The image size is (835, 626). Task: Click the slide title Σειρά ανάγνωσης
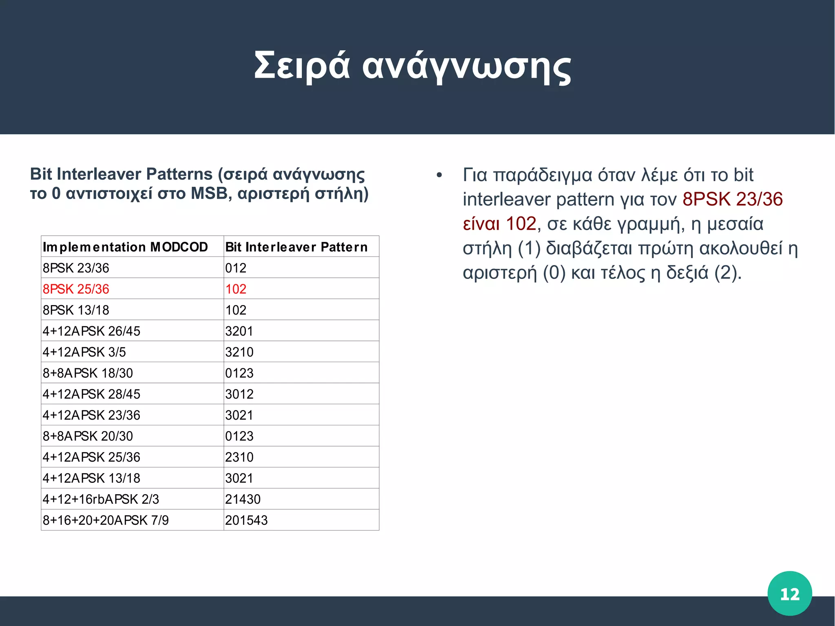(x=412, y=66)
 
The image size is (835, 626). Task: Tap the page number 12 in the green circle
(x=789, y=594)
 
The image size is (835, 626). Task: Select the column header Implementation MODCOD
(x=125, y=247)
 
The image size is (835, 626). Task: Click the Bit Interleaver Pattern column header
(x=296, y=247)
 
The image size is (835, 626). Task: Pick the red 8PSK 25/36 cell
(x=76, y=289)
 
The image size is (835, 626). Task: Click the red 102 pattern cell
(x=236, y=289)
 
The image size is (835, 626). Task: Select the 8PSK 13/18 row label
(x=76, y=310)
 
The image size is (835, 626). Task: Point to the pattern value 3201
(x=239, y=331)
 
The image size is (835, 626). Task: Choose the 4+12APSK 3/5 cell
(x=84, y=352)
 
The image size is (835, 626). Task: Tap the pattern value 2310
(x=239, y=457)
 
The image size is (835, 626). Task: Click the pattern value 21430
(x=243, y=499)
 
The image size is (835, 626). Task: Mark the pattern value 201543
(x=246, y=520)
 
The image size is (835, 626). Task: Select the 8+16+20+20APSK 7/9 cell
(x=106, y=520)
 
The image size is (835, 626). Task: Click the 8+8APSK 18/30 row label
(x=88, y=373)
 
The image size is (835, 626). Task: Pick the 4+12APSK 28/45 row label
(x=91, y=394)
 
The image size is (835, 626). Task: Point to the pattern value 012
(x=236, y=268)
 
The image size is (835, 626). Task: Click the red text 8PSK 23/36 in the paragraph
(x=732, y=199)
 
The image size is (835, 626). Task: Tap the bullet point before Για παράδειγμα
(x=439, y=176)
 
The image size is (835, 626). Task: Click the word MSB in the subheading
(x=209, y=193)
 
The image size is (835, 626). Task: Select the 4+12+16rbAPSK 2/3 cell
(x=101, y=499)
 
